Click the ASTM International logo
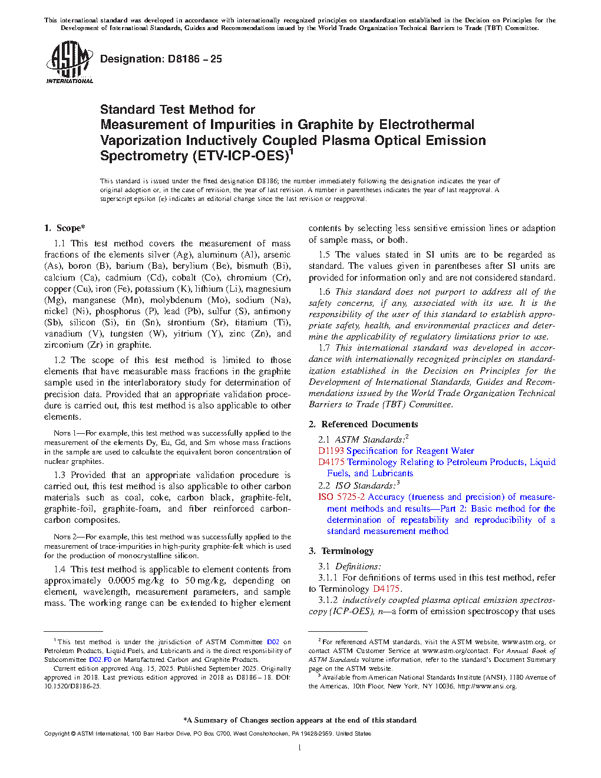[69, 62]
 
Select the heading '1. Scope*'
[64, 228]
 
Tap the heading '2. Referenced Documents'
[363, 424]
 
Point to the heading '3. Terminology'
[341, 551]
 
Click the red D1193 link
[331, 451]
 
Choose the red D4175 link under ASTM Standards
[331, 462]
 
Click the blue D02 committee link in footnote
[273, 642]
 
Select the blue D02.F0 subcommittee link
[100, 660]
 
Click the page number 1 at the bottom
[300, 748]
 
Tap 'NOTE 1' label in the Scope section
[62, 433]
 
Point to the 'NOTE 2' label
[62, 537]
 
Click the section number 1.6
[324, 292]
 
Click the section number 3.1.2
[328, 600]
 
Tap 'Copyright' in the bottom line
[57, 734]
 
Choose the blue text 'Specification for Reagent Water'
[410, 451]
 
